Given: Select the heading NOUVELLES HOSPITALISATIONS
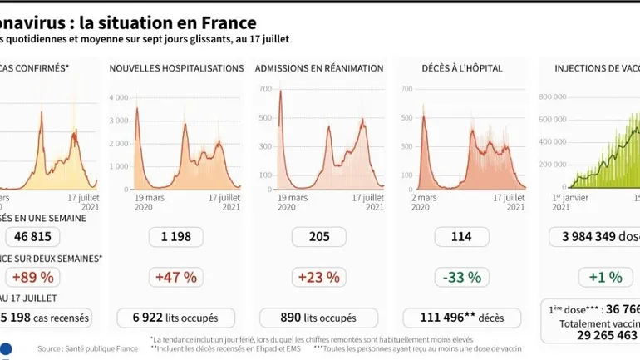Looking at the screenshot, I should point(176,68).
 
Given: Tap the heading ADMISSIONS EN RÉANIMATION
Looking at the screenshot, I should point(319,68).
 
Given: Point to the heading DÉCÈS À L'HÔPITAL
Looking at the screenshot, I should point(462,68).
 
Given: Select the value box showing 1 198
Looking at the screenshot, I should point(175,237).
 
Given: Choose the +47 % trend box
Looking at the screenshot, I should point(175,277).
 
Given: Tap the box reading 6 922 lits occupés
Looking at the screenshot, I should point(175,318).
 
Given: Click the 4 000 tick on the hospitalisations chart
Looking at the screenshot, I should point(118,97).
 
